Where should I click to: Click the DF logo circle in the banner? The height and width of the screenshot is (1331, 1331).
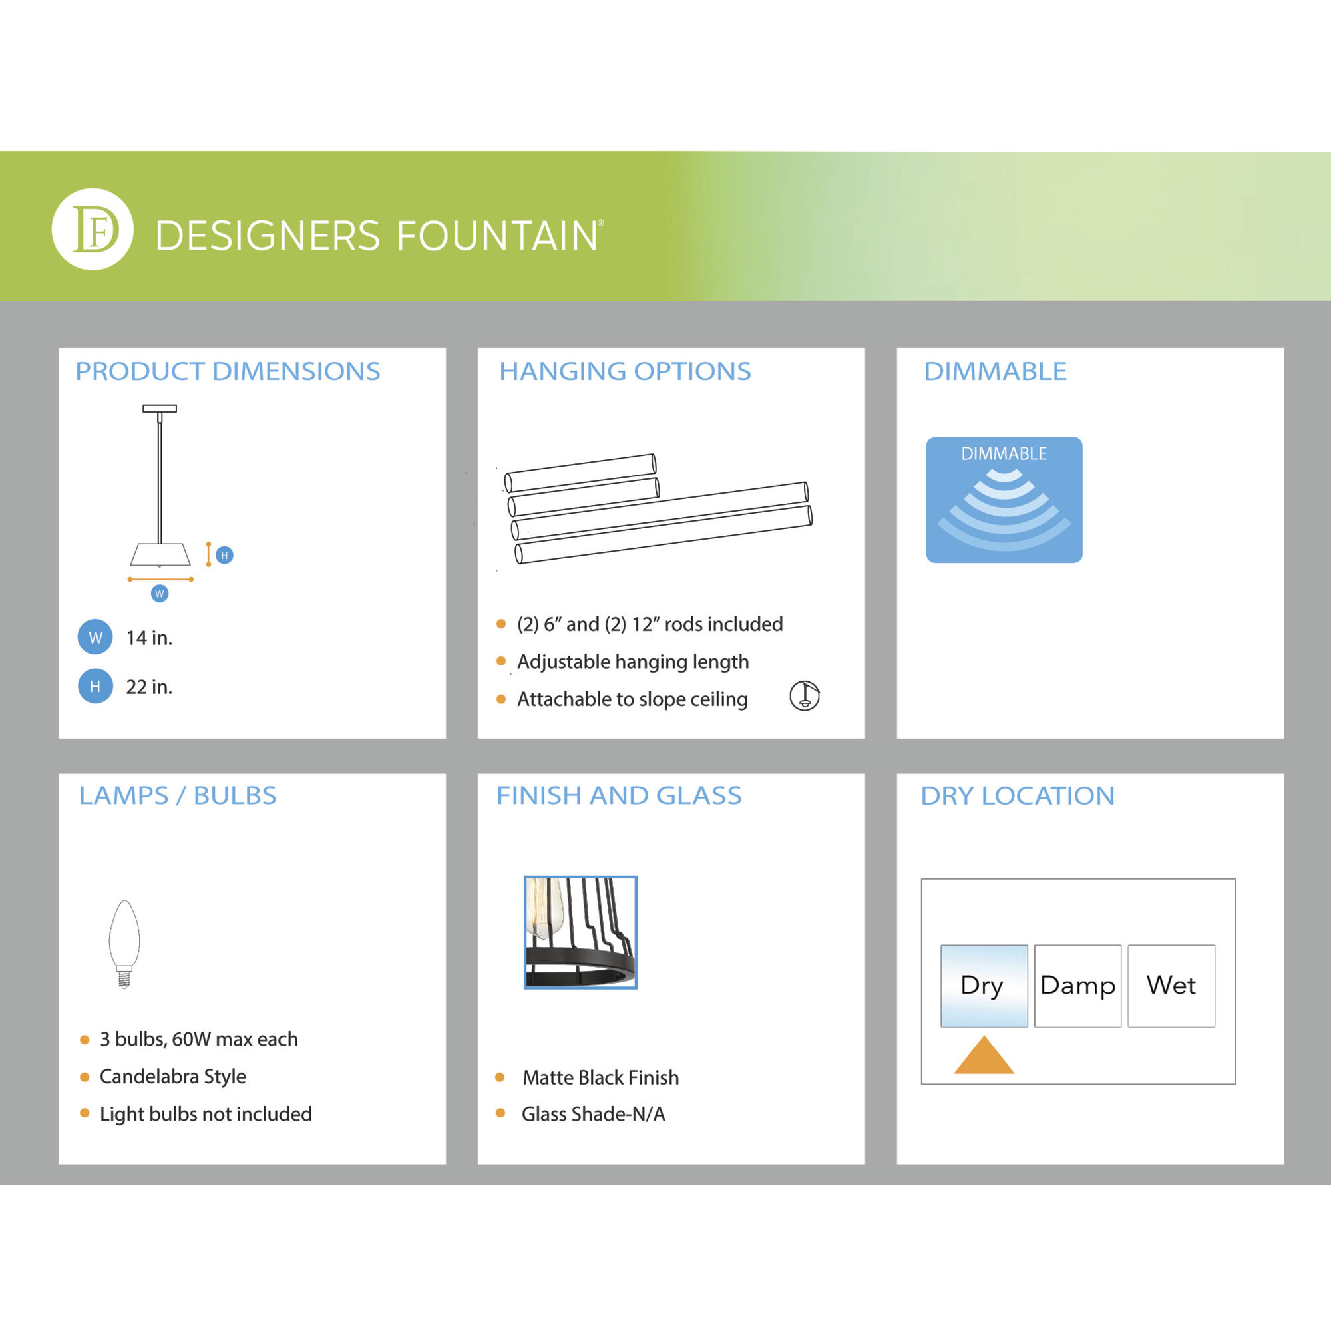[x=93, y=229]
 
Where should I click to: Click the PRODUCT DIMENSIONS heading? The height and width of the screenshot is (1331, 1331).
[x=228, y=371]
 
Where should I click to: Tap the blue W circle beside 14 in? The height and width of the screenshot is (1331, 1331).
[x=95, y=638]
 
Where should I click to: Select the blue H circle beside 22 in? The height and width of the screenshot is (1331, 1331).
[x=95, y=686]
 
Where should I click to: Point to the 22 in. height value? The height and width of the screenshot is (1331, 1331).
[x=149, y=687]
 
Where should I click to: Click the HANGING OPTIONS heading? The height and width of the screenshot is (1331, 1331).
[x=625, y=371]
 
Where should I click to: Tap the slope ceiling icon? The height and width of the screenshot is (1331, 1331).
[x=804, y=696]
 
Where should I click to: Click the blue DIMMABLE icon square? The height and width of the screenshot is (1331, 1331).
[x=1004, y=500]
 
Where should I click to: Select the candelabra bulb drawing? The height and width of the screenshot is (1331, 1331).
[x=124, y=944]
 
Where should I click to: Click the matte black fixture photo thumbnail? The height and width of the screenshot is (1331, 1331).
[x=580, y=932]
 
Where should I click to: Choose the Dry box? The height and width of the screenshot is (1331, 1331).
[x=984, y=986]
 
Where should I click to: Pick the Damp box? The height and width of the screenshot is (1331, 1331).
[x=1077, y=986]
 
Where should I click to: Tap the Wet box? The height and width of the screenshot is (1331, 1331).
[x=1171, y=986]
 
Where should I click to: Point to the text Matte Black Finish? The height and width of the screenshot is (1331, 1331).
[x=601, y=1077]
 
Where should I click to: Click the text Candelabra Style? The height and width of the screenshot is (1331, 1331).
[x=173, y=1076]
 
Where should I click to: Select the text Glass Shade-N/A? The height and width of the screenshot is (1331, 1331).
[x=593, y=1114]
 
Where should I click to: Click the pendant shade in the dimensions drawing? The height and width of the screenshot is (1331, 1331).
[x=160, y=555]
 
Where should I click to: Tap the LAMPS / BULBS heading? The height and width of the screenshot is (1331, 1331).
[x=178, y=796]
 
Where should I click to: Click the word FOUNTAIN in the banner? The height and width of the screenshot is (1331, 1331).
[x=496, y=236]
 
